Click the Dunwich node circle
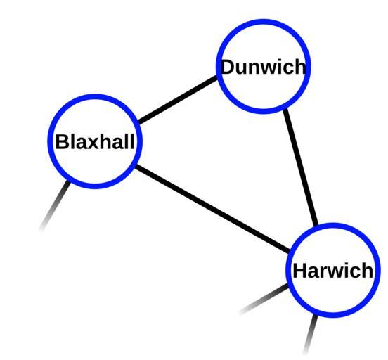264,21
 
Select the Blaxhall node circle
95,96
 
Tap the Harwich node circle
333,225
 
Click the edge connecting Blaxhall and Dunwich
178,100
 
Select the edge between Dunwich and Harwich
301,167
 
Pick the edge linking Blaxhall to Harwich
212,209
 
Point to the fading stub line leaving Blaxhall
55,206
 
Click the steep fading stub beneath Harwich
311,334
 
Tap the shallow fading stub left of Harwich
264,299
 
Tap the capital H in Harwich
300,270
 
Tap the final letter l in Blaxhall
131,141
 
